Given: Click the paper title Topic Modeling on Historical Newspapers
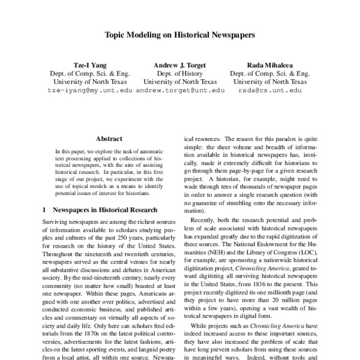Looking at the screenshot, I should pyautogui.click(x=180, y=35).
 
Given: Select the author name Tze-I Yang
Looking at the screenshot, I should pyautogui.click(x=89, y=64).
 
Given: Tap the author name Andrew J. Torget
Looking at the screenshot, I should pyautogui.click(x=180, y=64).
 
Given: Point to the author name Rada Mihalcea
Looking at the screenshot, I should pyautogui.click(x=270, y=64).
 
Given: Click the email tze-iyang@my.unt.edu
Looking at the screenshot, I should pyautogui.click(x=89, y=90).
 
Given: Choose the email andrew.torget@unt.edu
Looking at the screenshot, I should pyautogui.click(x=180, y=90).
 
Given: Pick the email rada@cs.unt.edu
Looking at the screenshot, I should pyautogui.click(x=270, y=90).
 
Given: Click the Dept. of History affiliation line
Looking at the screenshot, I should pyautogui.click(x=180, y=73).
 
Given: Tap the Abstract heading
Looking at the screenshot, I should pyautogui.click(x=109, y=137).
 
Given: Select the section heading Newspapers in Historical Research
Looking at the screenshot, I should pyautogui.click(x=106, y=210).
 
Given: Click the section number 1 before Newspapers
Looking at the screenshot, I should pyautogui.click(x=44, y=210).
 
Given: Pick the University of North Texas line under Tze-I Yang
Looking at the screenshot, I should pyautogui.click(x=89, y=81).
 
